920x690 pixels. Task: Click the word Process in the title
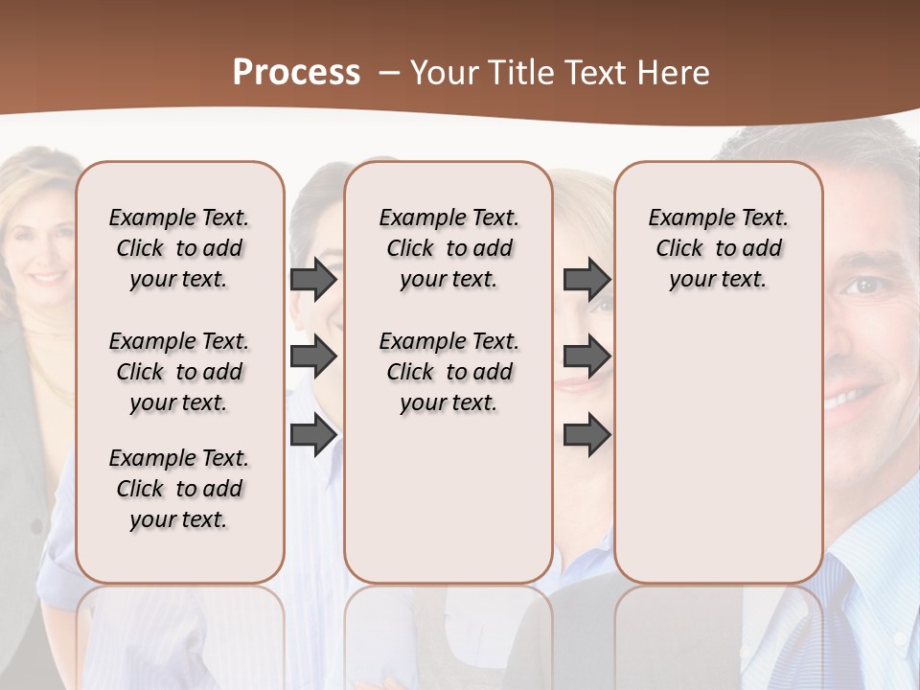click(296, 73)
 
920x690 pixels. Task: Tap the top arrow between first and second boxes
click(313, 280)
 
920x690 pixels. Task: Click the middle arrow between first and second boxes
click(313, 357)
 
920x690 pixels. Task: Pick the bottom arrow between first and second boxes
click(313, 435)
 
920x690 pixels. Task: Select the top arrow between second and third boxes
click(586, 280)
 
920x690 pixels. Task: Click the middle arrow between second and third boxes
click(586, 357)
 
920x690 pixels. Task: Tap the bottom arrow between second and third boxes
click(586, 435)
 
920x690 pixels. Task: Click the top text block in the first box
click(179, 248)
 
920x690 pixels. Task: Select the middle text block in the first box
click(179, 372)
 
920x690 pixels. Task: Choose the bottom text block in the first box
click(179, 489)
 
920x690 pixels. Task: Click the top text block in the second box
click(448, 248)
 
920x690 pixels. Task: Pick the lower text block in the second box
click(448, 372)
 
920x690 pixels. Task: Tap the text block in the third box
click(718, 248)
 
